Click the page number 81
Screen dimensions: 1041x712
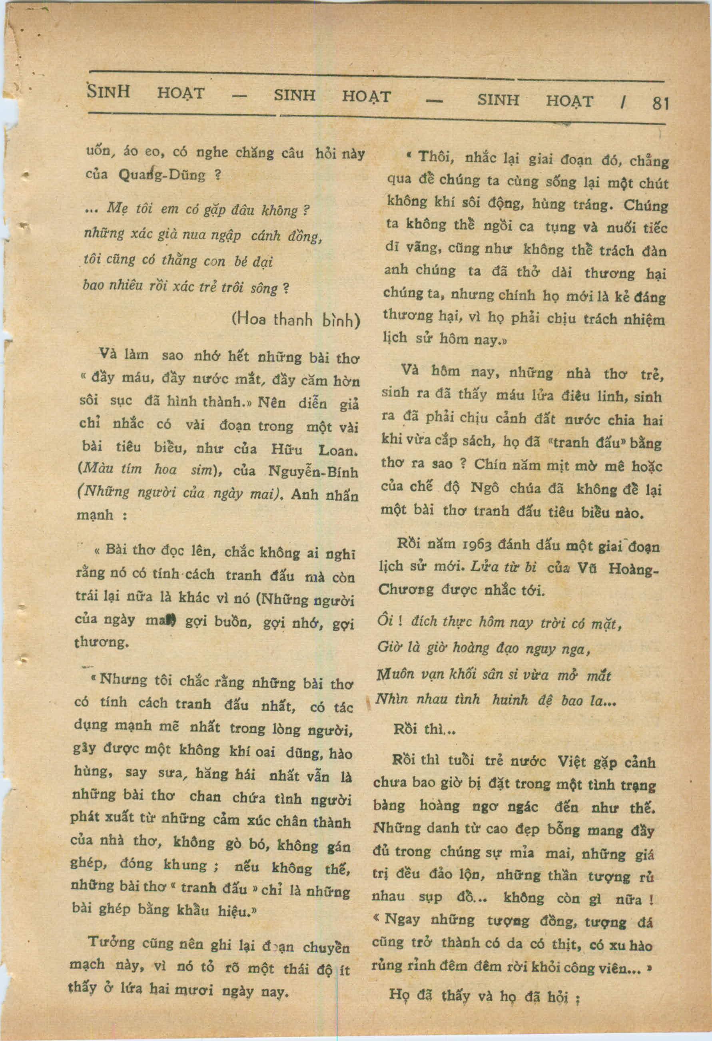pyautogui.click(x=660, y=104)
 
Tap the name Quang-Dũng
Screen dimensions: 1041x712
pyautogui.click(x=162, y=175)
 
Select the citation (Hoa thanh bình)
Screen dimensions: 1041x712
pyautogui.click(x=296, y=320)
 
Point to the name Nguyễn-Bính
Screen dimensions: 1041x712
pyautogui.click(x=313, y=472)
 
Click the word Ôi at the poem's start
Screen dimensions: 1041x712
pyautogui.click(x=385, y=620)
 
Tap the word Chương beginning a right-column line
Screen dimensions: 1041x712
pyautogui.click(x=405, y=590)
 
